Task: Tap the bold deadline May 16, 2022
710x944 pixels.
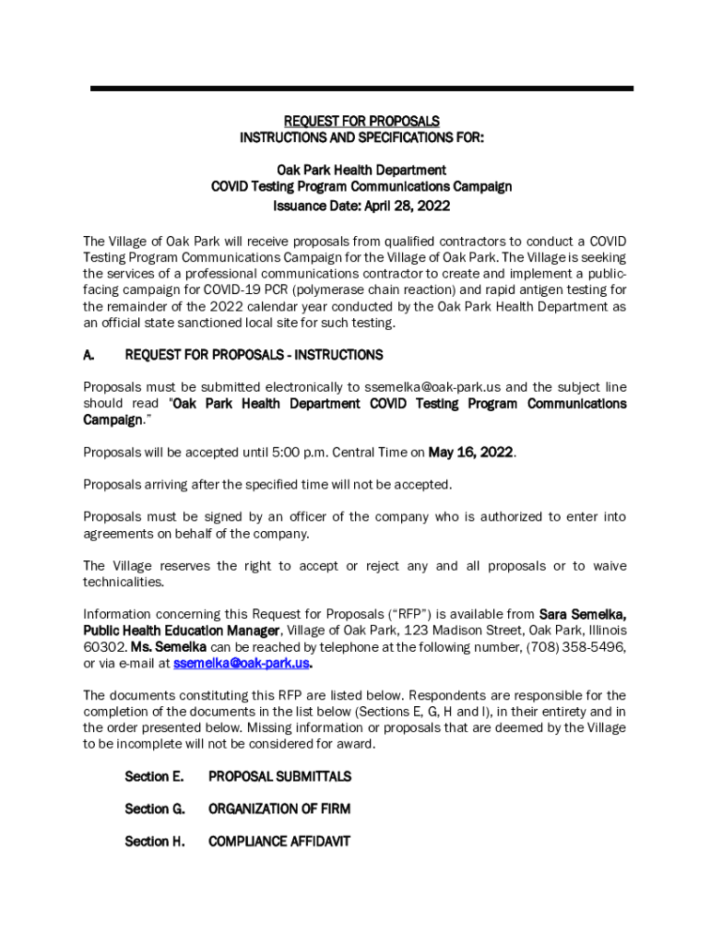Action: point(471,453)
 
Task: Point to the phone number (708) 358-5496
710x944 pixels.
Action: point(575,647)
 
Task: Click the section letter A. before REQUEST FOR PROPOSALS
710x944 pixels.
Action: point(89,355)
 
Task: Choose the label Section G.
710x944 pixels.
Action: point(155,809)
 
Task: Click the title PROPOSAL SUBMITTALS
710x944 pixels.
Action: point(279,777)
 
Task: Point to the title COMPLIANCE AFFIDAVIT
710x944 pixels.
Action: point(279,842)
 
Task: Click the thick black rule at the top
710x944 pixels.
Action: point(361,88)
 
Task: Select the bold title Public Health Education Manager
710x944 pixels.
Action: point(182,631)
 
